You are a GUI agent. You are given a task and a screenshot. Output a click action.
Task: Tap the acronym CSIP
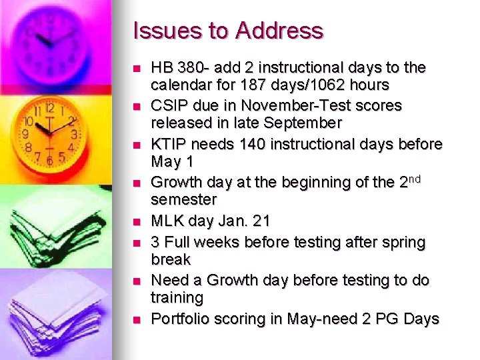coord(169,106)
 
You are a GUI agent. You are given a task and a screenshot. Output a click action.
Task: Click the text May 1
coord(172,161)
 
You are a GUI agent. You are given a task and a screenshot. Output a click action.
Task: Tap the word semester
coord(183,199)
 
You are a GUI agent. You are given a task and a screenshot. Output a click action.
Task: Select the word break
coord(171,259)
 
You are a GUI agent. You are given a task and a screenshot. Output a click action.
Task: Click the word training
coord(177,297)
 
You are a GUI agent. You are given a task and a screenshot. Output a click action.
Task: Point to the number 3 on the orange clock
coord(75,134)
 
